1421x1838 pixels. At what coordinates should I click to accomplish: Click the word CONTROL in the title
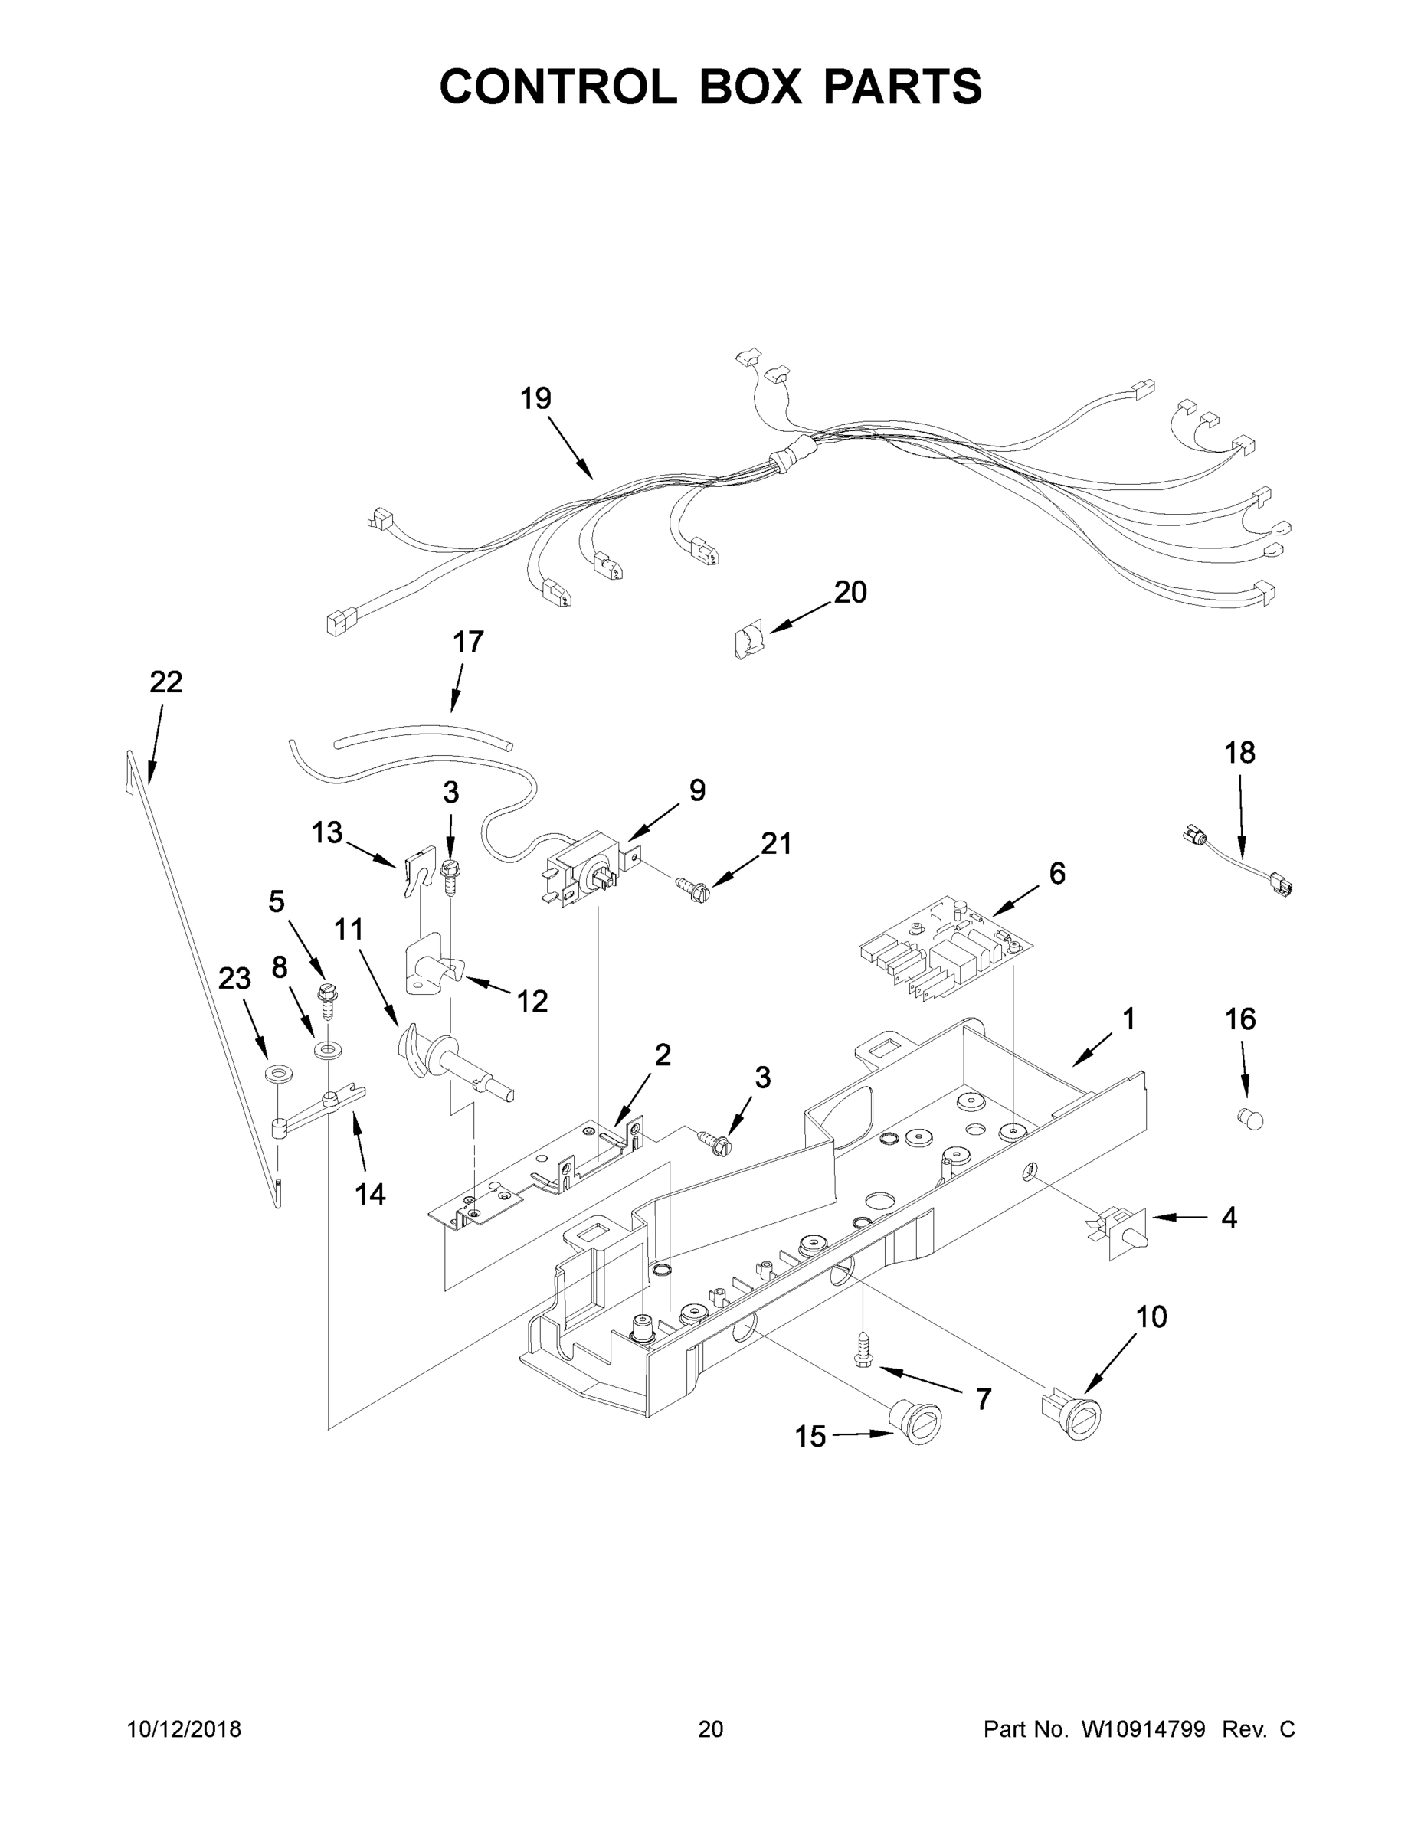(x=557, y=86)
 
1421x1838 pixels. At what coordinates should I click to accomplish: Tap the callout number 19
(x=535, y=398)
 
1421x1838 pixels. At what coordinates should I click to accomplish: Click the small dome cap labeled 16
(x=1251, y=1120)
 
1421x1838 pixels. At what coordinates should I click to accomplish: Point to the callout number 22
(x=165, y=682)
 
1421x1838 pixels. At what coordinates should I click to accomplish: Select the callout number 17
(x=468, y=641)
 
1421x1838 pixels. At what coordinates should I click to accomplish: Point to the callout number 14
(x=369, y=1193)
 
